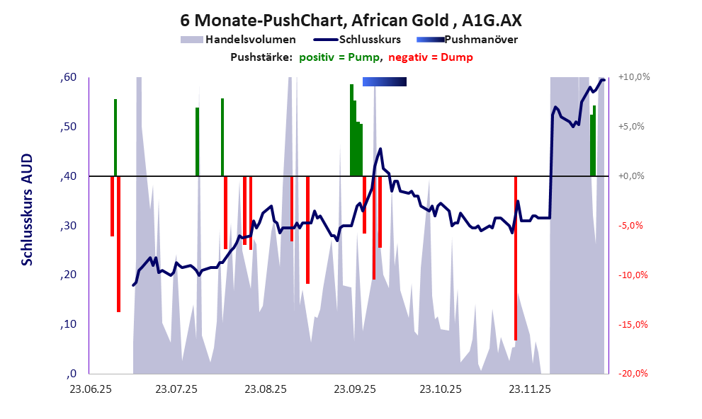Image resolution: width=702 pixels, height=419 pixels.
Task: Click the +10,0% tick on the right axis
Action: point(633,76)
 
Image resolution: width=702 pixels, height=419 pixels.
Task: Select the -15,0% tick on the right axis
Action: point(633,325)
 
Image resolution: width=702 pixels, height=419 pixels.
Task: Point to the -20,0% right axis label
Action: point(633,374)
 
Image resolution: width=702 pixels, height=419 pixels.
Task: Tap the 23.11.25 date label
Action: point(531,389)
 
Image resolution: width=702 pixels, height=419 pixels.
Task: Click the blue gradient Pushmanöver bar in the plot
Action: point(385,82)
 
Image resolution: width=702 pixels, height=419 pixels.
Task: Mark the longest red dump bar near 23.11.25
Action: point(516,258)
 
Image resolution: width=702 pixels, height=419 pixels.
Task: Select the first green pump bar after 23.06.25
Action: point(115,137)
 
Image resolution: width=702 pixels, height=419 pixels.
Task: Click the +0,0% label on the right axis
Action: point(633,176)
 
